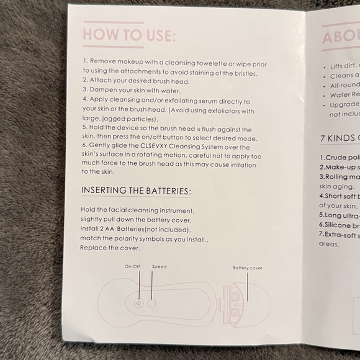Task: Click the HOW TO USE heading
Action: click(x=129, y=34)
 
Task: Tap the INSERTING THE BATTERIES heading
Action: click(x=137, y=190)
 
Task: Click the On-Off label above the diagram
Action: click(x=132, y=266)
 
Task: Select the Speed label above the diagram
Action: click(x=159, y=266)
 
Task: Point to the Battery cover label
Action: click(x=247, y=268)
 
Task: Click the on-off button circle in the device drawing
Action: click(x=138, y=304)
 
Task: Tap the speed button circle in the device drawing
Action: click(x=151, y=304)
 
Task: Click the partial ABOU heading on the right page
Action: click(x=340, y=38)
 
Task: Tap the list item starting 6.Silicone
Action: click(x=339, y=225)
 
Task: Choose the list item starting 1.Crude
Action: click(x=339, y=158)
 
